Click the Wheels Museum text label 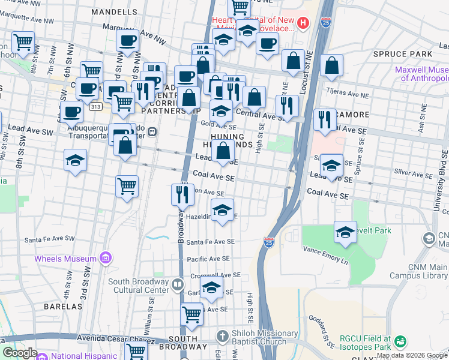click(x=65, y=259)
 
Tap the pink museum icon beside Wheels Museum click(x=106, y=259)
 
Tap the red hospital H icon click(x=303, y=23)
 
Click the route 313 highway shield click(x=95, y=106)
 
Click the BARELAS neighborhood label click(x=62, y=306)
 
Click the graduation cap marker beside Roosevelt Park click(x=345, y=233)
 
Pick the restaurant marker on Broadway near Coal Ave click(x=182, y=194)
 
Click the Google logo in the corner click(x=20, y=353)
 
